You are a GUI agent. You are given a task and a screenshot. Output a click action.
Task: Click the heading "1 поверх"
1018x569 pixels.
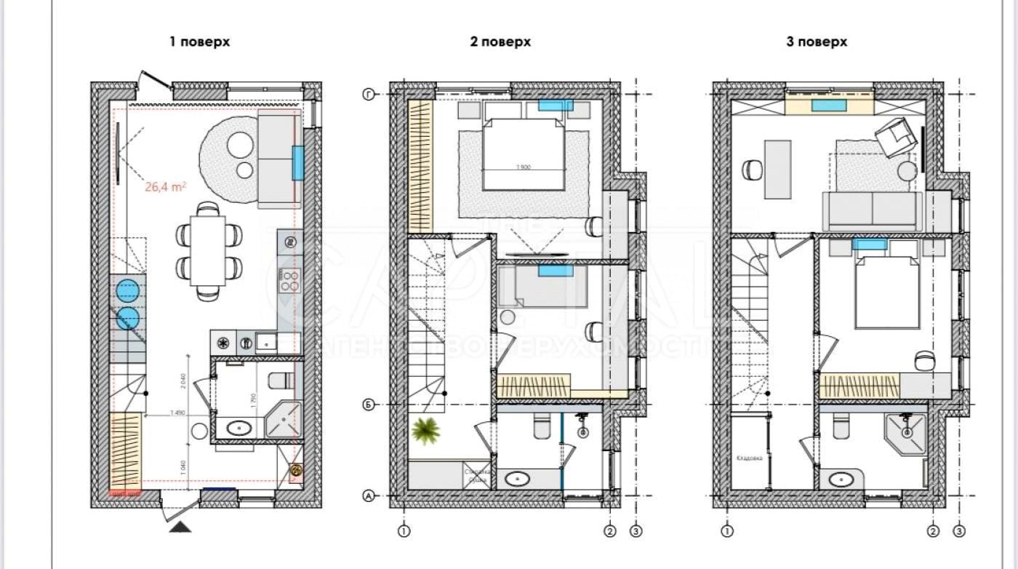[x=199, y=41]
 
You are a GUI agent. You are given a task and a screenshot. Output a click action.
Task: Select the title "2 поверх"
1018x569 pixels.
[x=500, y=41]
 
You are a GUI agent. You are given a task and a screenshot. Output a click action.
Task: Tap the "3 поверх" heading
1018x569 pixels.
[x=817, y=41]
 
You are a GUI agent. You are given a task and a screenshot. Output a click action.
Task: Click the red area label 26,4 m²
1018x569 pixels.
[x=165, y=186]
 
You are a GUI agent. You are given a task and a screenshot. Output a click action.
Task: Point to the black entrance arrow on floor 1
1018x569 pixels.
[x=180, y=527]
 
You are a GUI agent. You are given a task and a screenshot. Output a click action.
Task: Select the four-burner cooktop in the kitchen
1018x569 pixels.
[x=290, y=281]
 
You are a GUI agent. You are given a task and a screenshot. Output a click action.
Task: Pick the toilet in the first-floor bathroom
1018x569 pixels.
[x=281, y=381]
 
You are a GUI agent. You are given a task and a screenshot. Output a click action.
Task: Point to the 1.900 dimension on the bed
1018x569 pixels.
[x=524, y=167]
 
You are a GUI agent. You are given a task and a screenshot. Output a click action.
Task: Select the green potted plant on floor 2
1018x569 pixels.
[x=426, y=430]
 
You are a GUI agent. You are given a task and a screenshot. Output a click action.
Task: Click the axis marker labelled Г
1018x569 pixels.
[x=369, y=94]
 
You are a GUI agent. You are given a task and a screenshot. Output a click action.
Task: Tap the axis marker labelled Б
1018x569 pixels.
[x=369, y=405]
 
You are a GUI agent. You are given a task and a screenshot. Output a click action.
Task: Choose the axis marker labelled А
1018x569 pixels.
[x=369, y=497]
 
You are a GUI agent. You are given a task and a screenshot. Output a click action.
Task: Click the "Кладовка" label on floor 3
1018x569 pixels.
[x=748, y=458]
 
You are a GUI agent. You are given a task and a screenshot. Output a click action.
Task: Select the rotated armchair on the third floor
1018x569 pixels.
[x=896, y=137]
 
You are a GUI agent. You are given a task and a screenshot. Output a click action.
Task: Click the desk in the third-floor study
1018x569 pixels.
[x=778, y=169]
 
